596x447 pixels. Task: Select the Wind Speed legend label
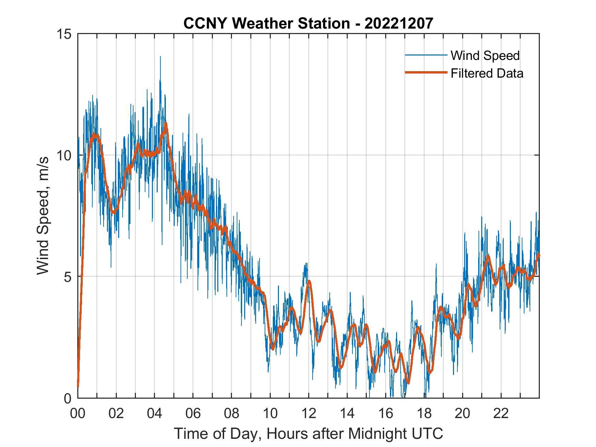485,55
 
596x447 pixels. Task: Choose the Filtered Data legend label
487,73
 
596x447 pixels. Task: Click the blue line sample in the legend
425,55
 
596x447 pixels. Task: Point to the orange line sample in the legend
425,73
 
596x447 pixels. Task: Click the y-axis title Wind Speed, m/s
43,215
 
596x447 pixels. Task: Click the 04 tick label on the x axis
155,413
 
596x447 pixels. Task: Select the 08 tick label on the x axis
232,413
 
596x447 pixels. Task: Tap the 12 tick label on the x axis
309,413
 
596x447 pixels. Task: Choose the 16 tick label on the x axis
386,413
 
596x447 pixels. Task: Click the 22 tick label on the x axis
501,413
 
